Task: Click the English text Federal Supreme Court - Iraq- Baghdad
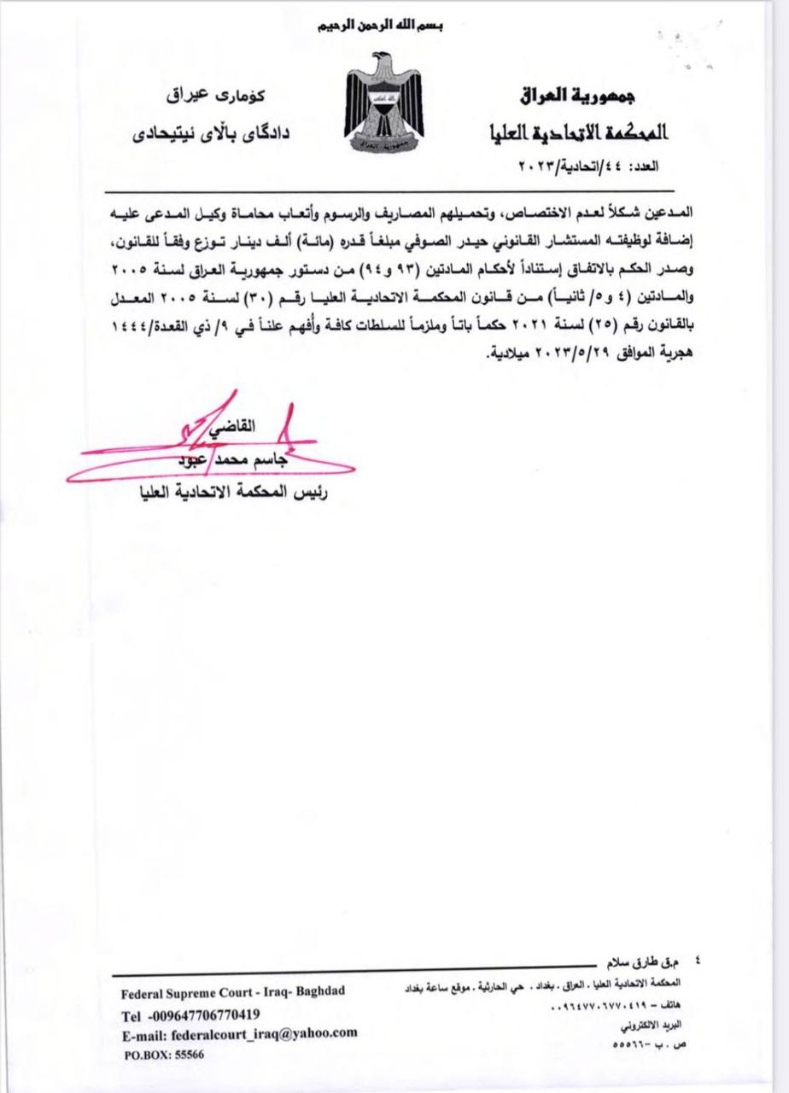coord(233,992)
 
